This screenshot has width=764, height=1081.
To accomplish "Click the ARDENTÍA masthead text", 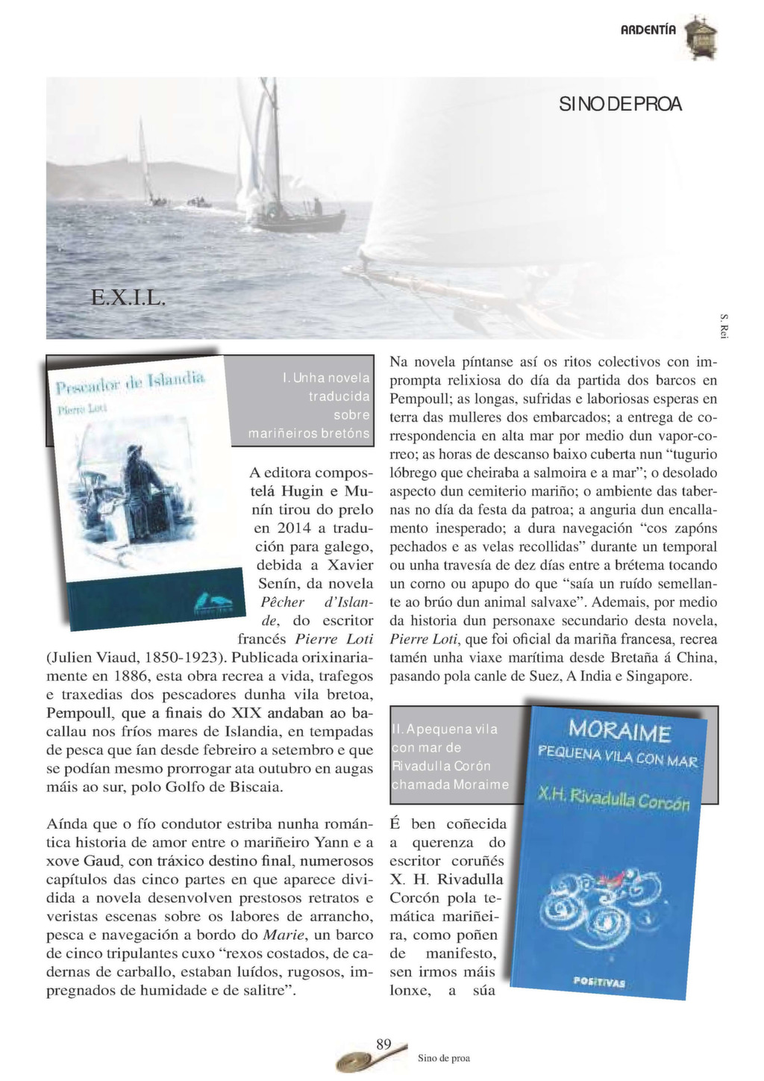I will click(x=648, y=30).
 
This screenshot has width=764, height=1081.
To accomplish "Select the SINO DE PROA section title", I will click(x=619, y=105).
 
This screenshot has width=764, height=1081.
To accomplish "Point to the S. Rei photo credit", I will click(x=723, y=325).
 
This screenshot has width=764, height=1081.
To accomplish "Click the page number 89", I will click(x=384, y=1044).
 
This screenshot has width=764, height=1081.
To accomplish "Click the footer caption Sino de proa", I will click(x=443, y=1058).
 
